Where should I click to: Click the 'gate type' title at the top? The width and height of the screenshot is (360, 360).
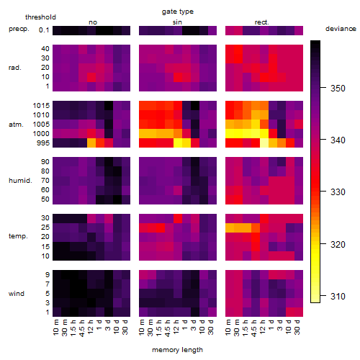178,12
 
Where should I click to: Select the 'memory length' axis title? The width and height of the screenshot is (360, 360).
177,350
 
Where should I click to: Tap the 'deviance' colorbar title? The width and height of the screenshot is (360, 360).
341,29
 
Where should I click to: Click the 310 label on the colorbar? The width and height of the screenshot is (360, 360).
338,296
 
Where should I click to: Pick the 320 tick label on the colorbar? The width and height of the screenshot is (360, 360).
338,245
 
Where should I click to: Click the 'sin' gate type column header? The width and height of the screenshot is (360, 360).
177,22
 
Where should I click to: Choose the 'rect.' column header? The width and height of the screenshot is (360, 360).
261,22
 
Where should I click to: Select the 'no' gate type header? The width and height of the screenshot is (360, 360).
93,22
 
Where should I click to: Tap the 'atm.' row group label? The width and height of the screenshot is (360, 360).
16,125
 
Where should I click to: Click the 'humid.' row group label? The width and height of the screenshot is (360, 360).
20,181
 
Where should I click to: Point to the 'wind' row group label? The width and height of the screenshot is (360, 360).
17,294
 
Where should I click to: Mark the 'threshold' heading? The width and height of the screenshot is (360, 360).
40,17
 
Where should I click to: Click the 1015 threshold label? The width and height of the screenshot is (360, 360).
41,106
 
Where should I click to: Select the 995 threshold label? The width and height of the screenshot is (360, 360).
43,143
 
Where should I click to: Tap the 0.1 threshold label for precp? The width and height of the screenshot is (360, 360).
44,30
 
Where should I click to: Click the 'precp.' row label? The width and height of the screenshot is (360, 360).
19,29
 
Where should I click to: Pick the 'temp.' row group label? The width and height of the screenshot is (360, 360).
18,236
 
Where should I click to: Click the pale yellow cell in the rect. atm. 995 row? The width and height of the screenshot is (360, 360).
264,143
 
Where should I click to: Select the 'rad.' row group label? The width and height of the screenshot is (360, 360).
15,68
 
